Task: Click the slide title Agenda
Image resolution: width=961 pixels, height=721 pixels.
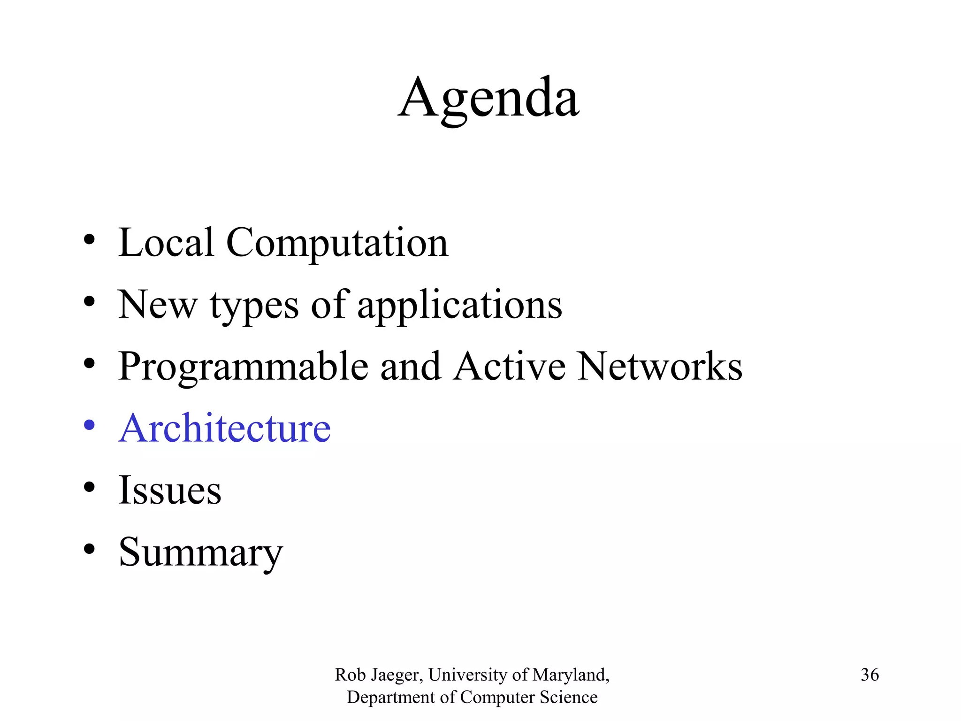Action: pos(488,99)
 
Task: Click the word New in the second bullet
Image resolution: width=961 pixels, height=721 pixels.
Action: pos(157,305)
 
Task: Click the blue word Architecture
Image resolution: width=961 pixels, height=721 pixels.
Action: pos(225,428)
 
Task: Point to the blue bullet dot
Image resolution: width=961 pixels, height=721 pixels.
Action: pos(89,425)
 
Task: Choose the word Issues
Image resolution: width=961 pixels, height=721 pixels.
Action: pos(169,490)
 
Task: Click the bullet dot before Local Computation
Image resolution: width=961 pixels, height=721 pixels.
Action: pos(89,240)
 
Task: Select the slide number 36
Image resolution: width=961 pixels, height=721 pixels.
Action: pos(869,675)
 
